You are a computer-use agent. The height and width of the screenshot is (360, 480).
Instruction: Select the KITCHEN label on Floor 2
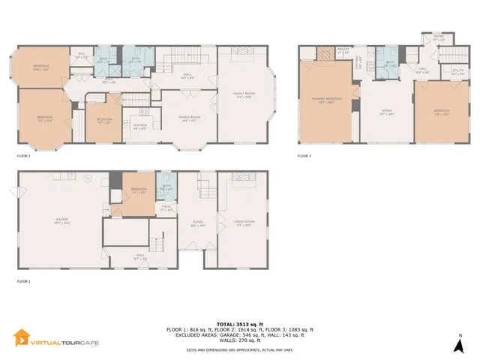[x=140, y=127]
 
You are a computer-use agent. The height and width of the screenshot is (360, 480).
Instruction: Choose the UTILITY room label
[x=457, y=72]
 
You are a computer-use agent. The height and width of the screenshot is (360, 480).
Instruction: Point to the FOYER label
[x=198, y=223]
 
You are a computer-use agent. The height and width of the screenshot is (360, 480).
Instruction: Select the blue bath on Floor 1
[x=166, y=188]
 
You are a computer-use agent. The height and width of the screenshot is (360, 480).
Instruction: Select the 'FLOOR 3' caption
[x=304, y=156]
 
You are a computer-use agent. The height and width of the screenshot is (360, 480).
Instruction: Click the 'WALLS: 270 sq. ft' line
[x=239, y=342]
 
